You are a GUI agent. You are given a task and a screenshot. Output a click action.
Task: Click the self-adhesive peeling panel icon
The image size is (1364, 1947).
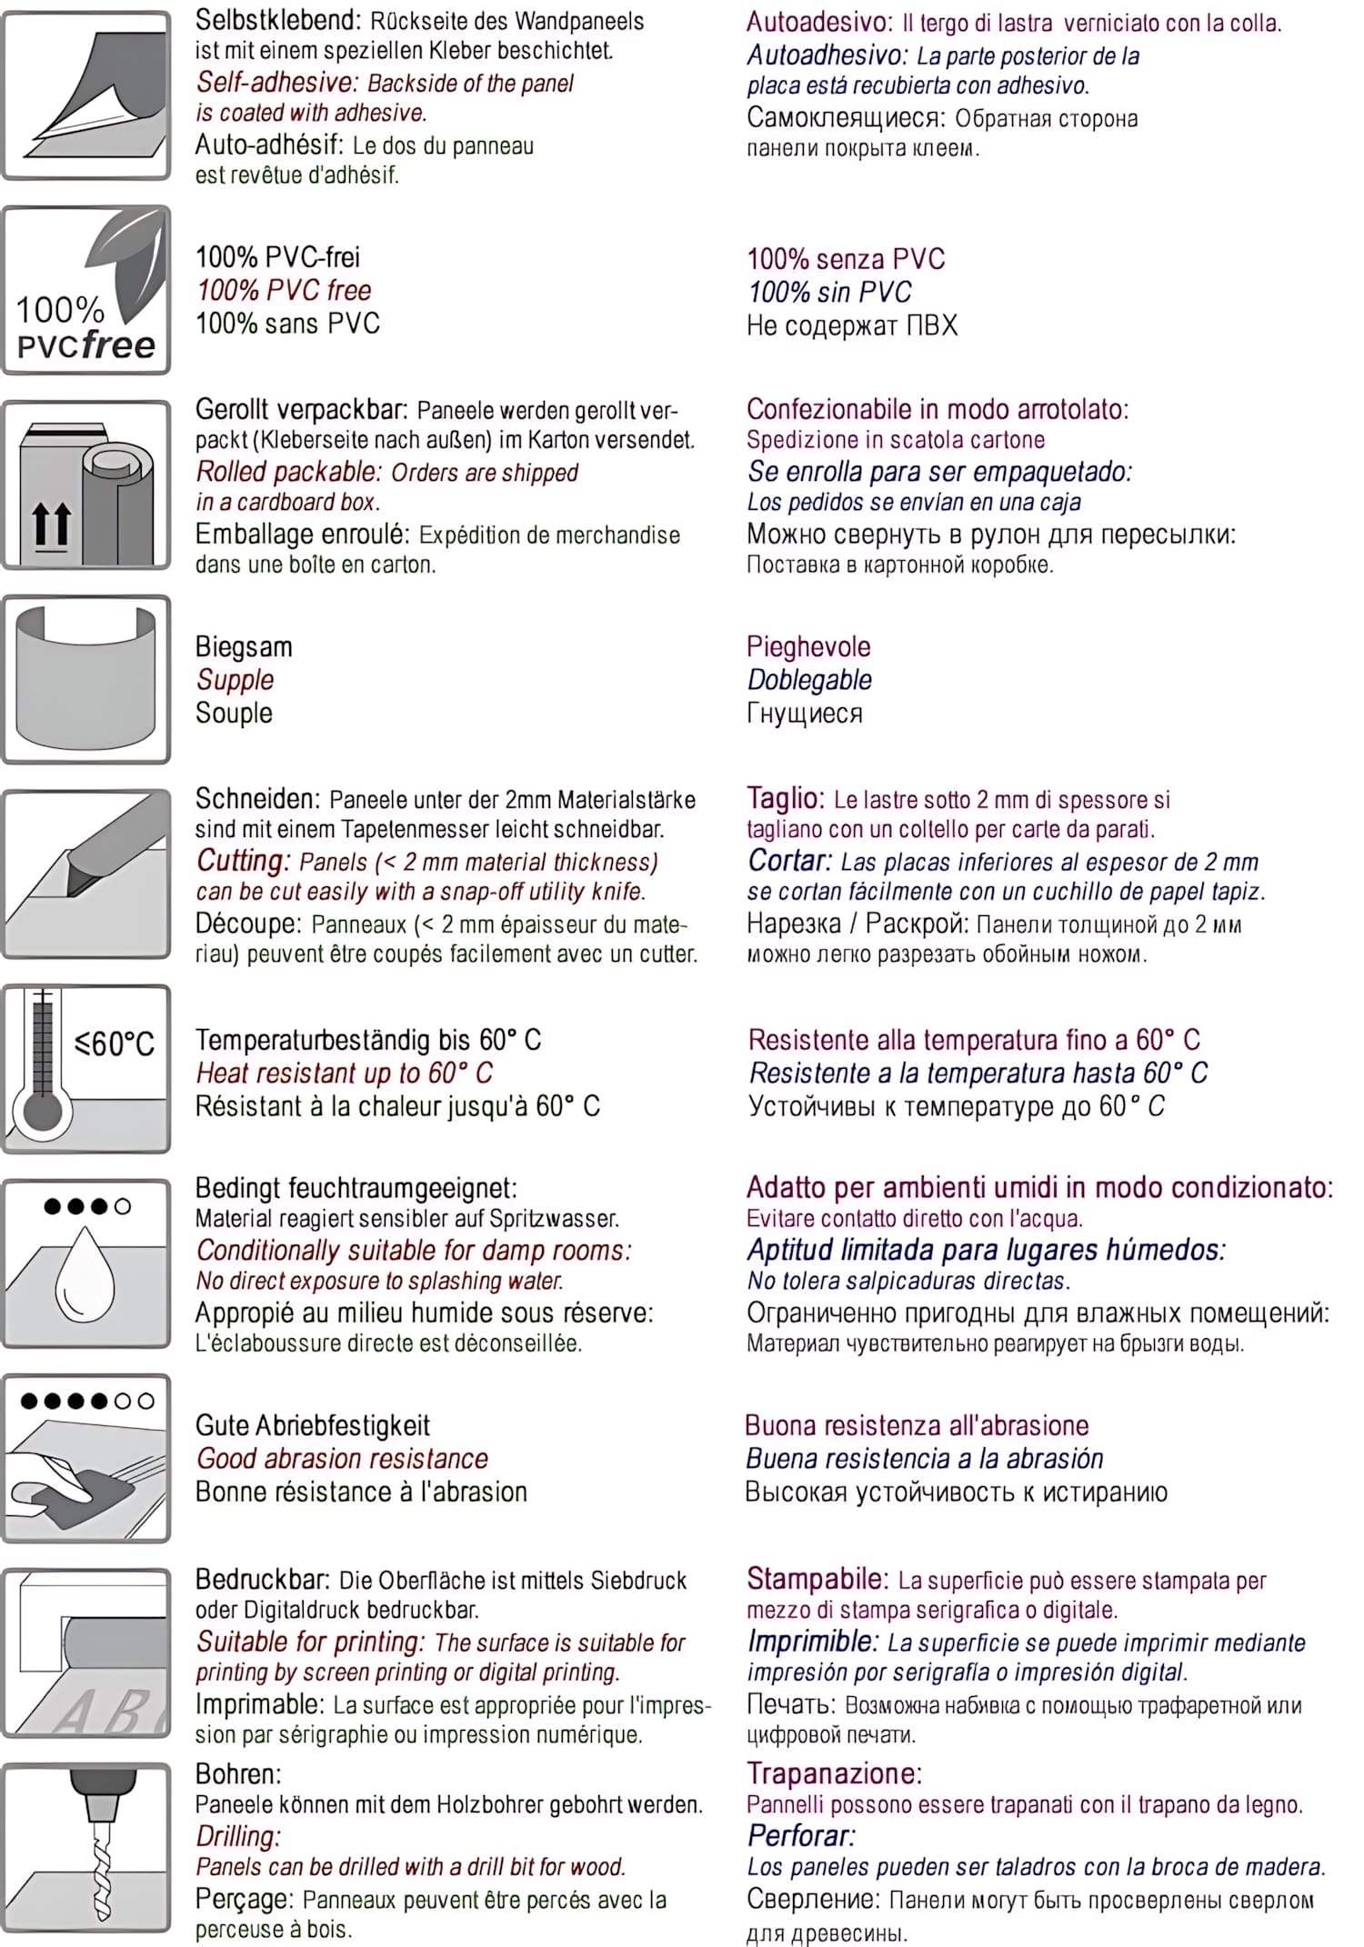coord(86,95)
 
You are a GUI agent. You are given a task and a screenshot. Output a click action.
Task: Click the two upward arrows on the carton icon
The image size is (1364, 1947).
coord(51,524)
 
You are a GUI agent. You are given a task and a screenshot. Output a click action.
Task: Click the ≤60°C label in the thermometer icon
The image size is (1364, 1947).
coord(115,1043)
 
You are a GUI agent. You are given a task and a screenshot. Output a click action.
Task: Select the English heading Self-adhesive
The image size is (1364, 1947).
coord(276,83)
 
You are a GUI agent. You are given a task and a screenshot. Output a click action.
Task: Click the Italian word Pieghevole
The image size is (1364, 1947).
coord(808,646)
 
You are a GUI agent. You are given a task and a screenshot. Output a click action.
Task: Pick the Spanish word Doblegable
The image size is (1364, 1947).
coord(809,680)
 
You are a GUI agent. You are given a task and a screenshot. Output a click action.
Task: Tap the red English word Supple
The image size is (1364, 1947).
coord(235,680)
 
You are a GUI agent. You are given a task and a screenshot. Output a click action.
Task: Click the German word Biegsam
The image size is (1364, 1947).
coord(244,646)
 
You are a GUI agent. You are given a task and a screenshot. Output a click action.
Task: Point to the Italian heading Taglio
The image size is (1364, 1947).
coord(784,798)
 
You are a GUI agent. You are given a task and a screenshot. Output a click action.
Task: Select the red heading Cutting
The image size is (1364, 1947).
coord(242,860)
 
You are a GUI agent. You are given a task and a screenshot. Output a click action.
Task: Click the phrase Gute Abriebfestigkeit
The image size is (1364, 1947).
coord(312,1425)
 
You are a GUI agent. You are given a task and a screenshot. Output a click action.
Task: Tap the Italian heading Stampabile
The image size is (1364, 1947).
coord(816,1579)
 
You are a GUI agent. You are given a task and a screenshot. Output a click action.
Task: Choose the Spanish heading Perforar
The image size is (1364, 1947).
coord(800,1835)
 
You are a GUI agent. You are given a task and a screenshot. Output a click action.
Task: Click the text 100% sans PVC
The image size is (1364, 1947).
coord(287,324)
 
